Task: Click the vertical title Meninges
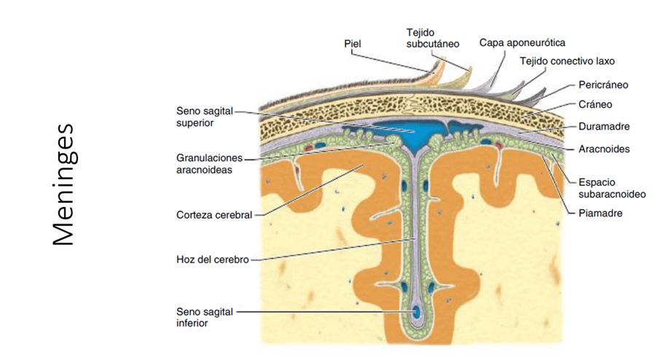tap(64, 184)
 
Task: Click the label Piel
tap(353, 44)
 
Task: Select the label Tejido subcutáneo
tap(433, 38)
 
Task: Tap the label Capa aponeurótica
tap(522, 43)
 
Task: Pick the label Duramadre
tap(603, 126)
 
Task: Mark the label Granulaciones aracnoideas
tap(209, 163)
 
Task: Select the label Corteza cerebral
tap(214, 215)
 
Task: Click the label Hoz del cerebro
tap(212, 259)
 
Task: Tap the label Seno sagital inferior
tap(205, 317)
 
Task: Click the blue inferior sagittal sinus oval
tap(417, 313)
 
